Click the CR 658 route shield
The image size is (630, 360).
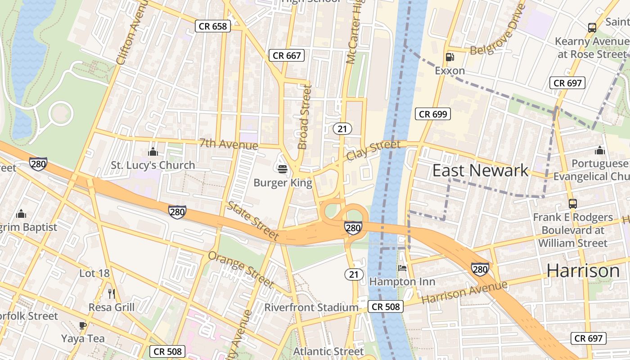[x=213, y=26]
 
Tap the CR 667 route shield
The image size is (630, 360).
[x=287, y=56]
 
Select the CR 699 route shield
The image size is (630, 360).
[x=433, y=114]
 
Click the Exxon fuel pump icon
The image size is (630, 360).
[x=449, y=57]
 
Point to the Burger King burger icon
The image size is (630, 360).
[x=283, y=169]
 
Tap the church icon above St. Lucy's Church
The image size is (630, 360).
[x=153, y=152]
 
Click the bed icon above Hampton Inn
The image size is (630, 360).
[x=402, y=268]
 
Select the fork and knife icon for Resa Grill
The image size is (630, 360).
[x=112, y=294]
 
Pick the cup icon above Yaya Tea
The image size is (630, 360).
[x=83, y=325]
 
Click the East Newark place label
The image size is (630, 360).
[x=480, y=171]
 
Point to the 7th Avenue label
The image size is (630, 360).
[x=229, y=144]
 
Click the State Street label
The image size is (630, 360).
[x=252, y=220]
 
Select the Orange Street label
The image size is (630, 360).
[x=241, y=269]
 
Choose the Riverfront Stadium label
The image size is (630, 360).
[x=311, y=308]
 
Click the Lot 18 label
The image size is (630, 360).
[x=94, y=273]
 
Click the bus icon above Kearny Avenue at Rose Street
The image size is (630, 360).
[x=592, y=27]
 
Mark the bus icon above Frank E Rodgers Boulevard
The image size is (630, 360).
[x=572, y=204]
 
